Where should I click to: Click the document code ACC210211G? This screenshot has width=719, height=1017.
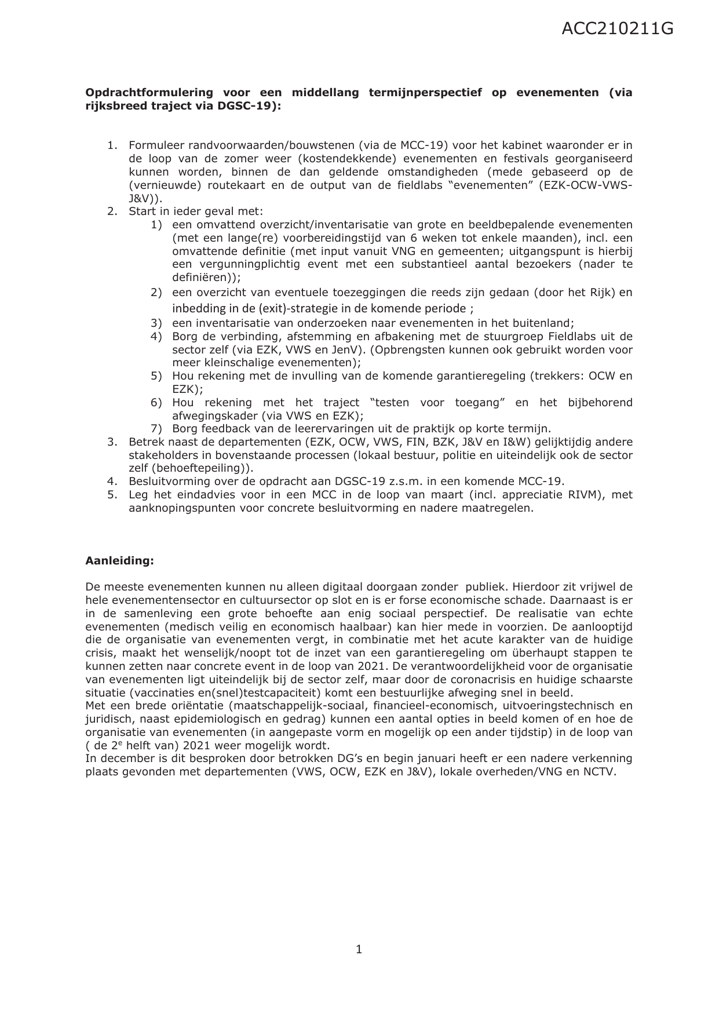click(x=617, y=29)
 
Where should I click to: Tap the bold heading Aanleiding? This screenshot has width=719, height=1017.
click(x=119, y=560)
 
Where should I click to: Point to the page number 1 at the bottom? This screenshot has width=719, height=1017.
click(x=359, y=949)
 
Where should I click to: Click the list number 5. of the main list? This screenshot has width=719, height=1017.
click(x=112, y=495)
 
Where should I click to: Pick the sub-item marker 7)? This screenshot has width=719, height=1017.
click(x=156, y=429)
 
